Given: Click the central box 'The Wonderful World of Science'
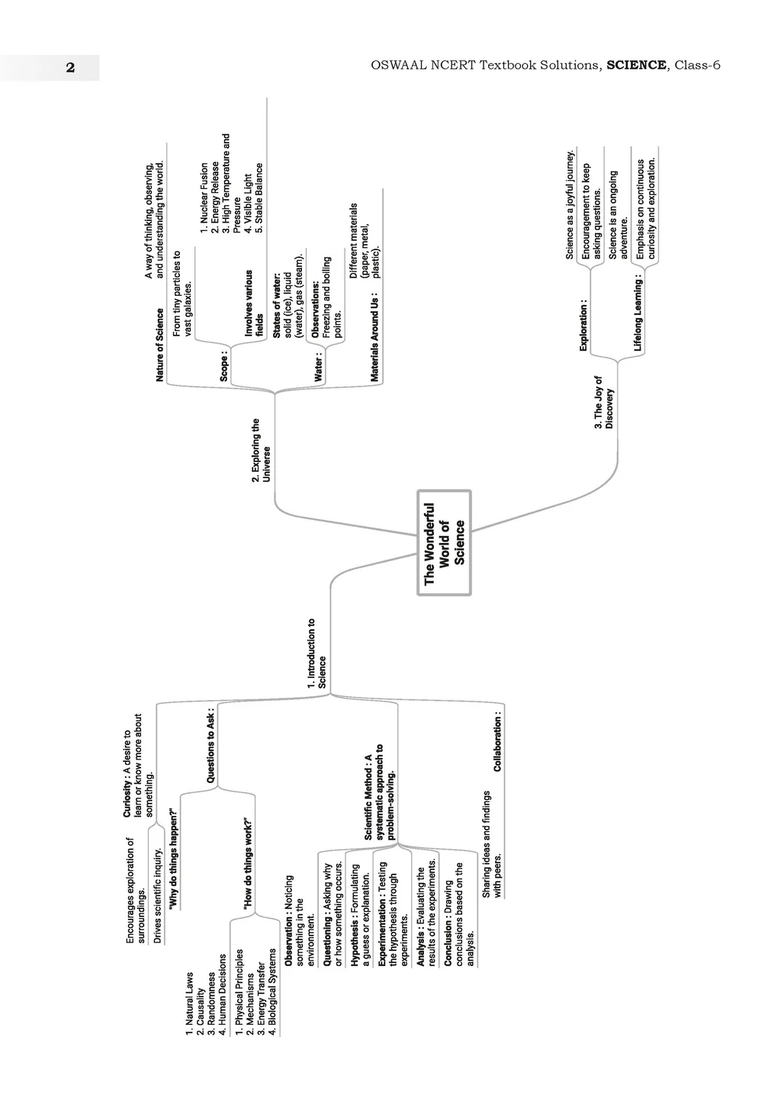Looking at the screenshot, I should click(x=444, y=543).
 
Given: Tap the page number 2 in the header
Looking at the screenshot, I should click(x=70, y=67).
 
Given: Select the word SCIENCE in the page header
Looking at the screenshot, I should click(x=636, y=66).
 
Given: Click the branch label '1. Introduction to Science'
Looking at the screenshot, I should click(x=317, y=654).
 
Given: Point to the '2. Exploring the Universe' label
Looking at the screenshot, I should click(x=261, y=450).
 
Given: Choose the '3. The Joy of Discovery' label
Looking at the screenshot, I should click(x=603, y=403).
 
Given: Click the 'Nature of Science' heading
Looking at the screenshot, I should click(x=159, y=345).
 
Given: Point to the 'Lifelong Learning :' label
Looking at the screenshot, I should click(x=638, y=315).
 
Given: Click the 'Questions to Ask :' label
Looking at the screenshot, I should click(x=211, y=746).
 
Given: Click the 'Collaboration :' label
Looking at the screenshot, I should click(x=498, y=743).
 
